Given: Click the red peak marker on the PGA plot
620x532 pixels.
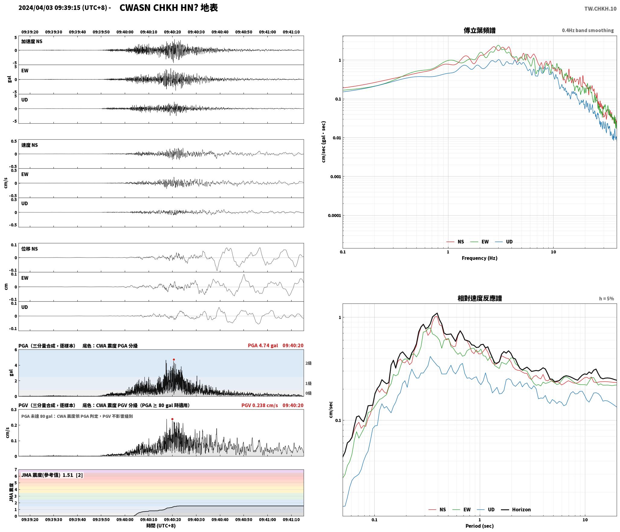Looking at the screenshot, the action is click(174, 359).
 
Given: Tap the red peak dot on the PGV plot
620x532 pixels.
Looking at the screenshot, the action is click(172, 419).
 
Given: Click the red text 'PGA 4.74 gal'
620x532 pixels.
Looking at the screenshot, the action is click(263, 345).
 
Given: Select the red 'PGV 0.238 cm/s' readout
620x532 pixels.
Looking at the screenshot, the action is click(260, 405).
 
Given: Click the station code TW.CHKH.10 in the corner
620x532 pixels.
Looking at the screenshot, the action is click(600, 9).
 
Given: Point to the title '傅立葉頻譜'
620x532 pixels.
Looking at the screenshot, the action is click(480, 30).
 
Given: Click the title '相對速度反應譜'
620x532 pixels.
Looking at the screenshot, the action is click(480, 298).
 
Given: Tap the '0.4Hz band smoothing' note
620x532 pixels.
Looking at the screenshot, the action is click(588, 31).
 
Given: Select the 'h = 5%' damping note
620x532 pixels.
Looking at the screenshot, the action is click(606, 299).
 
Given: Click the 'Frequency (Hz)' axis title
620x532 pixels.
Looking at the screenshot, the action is click(480, 258).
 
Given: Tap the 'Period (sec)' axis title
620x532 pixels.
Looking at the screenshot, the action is click(480, 526).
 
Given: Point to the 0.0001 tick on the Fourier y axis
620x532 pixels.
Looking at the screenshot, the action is click(334, 216).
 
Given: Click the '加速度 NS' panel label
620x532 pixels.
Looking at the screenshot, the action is click(32, 41).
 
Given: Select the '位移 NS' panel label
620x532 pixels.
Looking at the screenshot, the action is click(30, 249).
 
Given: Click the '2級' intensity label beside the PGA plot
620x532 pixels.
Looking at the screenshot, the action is click(308, 363).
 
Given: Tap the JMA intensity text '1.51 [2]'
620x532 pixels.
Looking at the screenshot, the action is click(73, 475).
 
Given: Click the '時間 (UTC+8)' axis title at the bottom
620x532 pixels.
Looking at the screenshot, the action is click(161, 526).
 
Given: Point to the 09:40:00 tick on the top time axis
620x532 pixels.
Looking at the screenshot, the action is click(125, 32).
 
